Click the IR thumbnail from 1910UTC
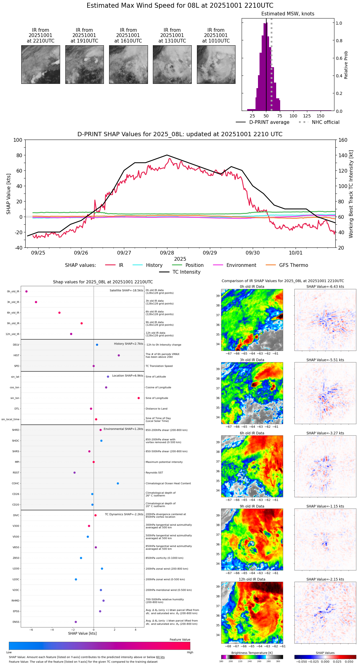tap(84, 64)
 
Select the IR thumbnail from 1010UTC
tap(216, 64)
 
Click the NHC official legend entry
tap(319, 122)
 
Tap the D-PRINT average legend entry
tap(263, 122)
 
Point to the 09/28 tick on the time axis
tap(167, 253)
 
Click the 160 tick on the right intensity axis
tap(343, 140)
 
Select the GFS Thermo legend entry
tap(287, 265)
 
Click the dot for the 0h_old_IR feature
tap(27, 292)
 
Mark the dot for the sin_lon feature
tap(139, 398)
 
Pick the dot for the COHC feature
tap(118, 483)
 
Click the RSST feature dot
tap(75, 473)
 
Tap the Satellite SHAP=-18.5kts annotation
tap(126, 291)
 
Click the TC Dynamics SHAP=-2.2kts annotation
tap(124, 514)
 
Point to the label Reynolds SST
tap(154, 473)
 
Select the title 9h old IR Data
tap(252, 506)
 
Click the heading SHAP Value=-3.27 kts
tap(325, 433)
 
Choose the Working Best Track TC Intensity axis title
tap(351, 194)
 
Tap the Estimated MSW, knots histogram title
tap(288, 14)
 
